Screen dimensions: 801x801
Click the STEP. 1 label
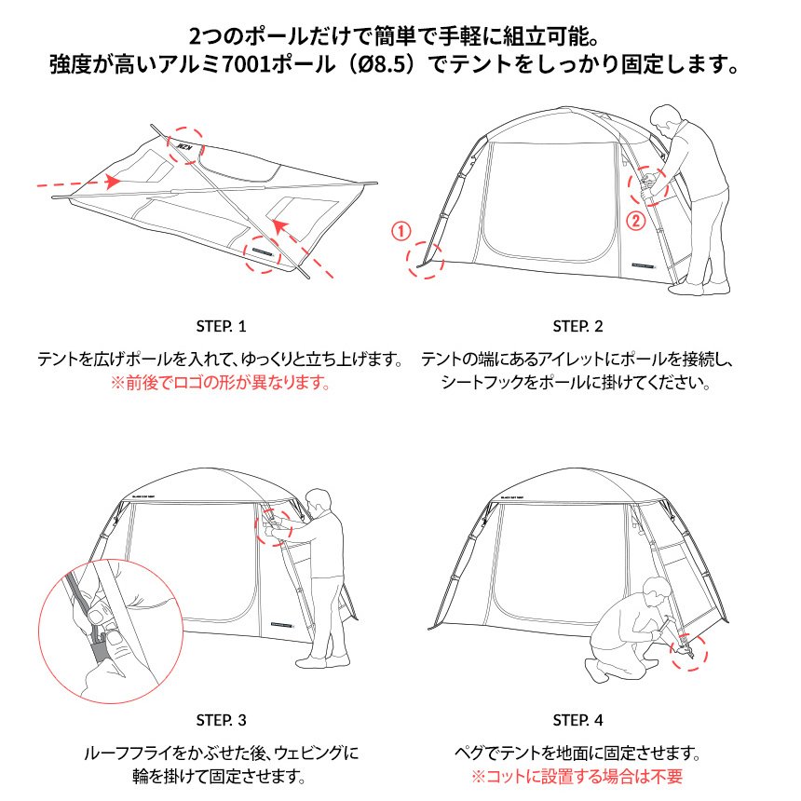tap(221, 326)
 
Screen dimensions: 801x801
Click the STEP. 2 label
tap(577, 326)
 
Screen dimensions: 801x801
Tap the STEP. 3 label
tap(221, 720)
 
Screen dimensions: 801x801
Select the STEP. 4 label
tap(577, 720)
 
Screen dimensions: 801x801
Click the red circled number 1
tap(401, 231)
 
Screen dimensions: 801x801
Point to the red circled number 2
tap(636, 221)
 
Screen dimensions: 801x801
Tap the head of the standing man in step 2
tap(666, 118)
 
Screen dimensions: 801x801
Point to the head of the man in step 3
tap(319, 502)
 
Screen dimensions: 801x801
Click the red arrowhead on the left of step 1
tap(112, 182)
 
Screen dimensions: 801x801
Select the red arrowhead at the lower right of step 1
tap(279, 225)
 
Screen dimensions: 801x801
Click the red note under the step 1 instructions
tap(221, 382)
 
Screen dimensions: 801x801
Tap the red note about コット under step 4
tap(577, 777)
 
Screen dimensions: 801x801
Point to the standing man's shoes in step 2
tap(698, 289)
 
